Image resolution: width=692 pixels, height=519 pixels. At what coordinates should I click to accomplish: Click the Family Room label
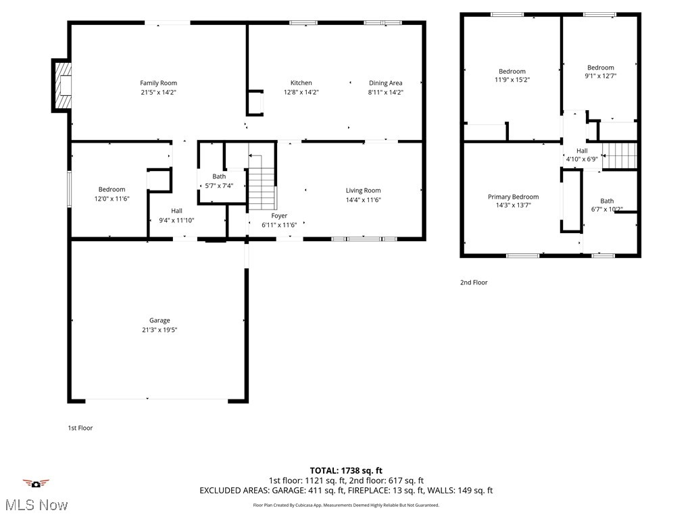(158, 83)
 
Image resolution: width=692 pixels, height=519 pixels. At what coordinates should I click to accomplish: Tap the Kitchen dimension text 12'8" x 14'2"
(301, 92)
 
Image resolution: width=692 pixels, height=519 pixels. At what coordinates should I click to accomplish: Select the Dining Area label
(385, 83)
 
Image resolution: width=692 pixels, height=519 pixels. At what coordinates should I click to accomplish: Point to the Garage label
(159, 320)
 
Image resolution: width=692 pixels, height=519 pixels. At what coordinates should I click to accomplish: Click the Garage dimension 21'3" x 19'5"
(159, 330)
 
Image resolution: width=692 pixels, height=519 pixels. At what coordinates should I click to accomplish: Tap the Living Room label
(363, 191)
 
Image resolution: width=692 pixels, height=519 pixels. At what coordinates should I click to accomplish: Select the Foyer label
(279, 216)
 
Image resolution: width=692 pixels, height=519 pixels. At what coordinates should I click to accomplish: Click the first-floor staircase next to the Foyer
(262, 187)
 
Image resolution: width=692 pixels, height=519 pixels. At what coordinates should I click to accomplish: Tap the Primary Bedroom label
(513, 197)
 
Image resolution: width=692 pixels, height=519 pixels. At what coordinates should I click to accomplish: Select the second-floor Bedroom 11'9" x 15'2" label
(512, 72)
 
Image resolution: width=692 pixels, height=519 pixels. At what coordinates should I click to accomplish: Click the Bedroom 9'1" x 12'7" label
(600, 68)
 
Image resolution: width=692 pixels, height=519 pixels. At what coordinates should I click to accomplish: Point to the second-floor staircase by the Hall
(620, 155)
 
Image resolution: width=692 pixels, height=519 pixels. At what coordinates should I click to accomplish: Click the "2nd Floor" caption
(474, 282)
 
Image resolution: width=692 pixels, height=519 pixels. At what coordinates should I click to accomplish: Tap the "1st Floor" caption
(79, 428)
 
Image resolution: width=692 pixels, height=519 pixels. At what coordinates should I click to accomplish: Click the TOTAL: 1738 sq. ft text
(346, 470)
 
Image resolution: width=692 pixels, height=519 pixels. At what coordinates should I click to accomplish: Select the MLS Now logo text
(36, 505)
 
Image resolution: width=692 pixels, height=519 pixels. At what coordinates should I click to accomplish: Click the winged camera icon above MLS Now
(36, 483)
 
